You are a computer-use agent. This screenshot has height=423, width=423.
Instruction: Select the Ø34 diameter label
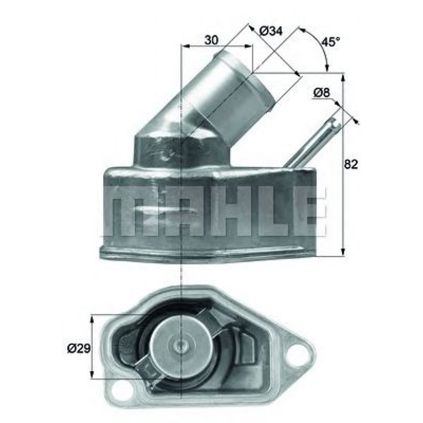(271, 31)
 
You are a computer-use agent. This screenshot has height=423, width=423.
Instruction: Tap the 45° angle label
(331, 42)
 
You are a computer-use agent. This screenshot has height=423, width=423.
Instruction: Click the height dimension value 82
(351, 164)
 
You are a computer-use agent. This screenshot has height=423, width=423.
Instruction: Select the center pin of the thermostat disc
(180, 346)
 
